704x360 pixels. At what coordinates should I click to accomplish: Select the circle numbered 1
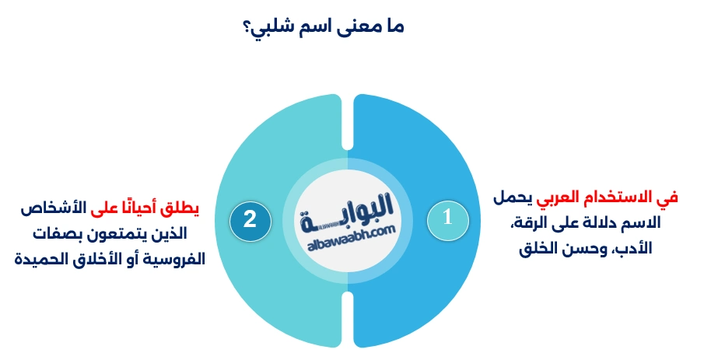tap(447, 218)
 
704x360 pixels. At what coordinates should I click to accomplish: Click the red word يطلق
tap(184, 209)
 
